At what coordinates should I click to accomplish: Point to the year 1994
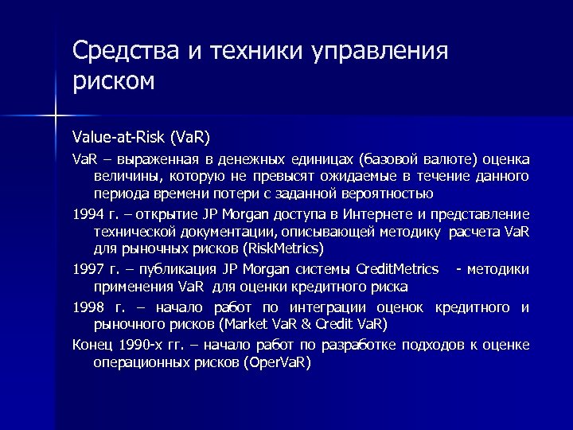point(88,214)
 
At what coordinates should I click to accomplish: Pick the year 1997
point(88,269)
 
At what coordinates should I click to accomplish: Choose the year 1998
point(88,307)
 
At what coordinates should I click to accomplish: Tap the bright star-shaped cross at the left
point(55,117)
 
